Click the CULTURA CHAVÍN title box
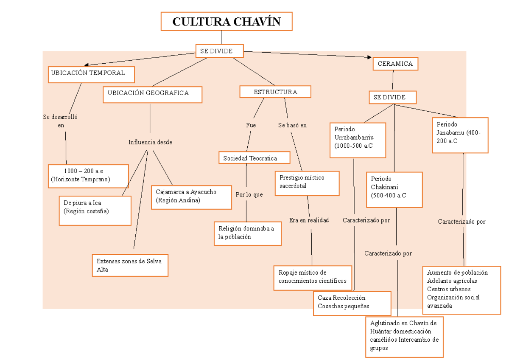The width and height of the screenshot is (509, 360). tap(226, 22)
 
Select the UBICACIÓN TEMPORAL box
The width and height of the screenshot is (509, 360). tap(91, 75)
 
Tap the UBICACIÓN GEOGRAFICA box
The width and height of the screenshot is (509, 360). tap(152, 95)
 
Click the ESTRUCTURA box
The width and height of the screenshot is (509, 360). tap(275, 92)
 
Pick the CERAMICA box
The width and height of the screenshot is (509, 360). tap(395, 64)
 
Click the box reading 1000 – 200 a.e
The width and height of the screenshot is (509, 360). tap(88, 176)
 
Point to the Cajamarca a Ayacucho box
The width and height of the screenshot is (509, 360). tap(191, 197)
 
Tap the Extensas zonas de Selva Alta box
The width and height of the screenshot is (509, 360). tap(130, 265)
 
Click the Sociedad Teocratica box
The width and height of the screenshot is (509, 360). tap(255, 158)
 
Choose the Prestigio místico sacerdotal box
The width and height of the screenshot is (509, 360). tap(307, 183)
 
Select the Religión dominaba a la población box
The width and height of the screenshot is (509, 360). tap(248, 233)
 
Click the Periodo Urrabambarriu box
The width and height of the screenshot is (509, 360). tap(358, 140)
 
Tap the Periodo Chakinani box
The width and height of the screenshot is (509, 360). tap(394, 189)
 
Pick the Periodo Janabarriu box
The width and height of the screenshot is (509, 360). tap(460, 135)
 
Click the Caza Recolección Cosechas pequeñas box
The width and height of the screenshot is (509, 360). tap(352, 303)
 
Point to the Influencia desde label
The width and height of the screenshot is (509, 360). tap(150, 142)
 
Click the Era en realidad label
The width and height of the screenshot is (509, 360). tap(309, 220)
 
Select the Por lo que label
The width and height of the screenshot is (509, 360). tap(249, 195)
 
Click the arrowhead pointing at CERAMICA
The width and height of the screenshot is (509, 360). tap(369, 57)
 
